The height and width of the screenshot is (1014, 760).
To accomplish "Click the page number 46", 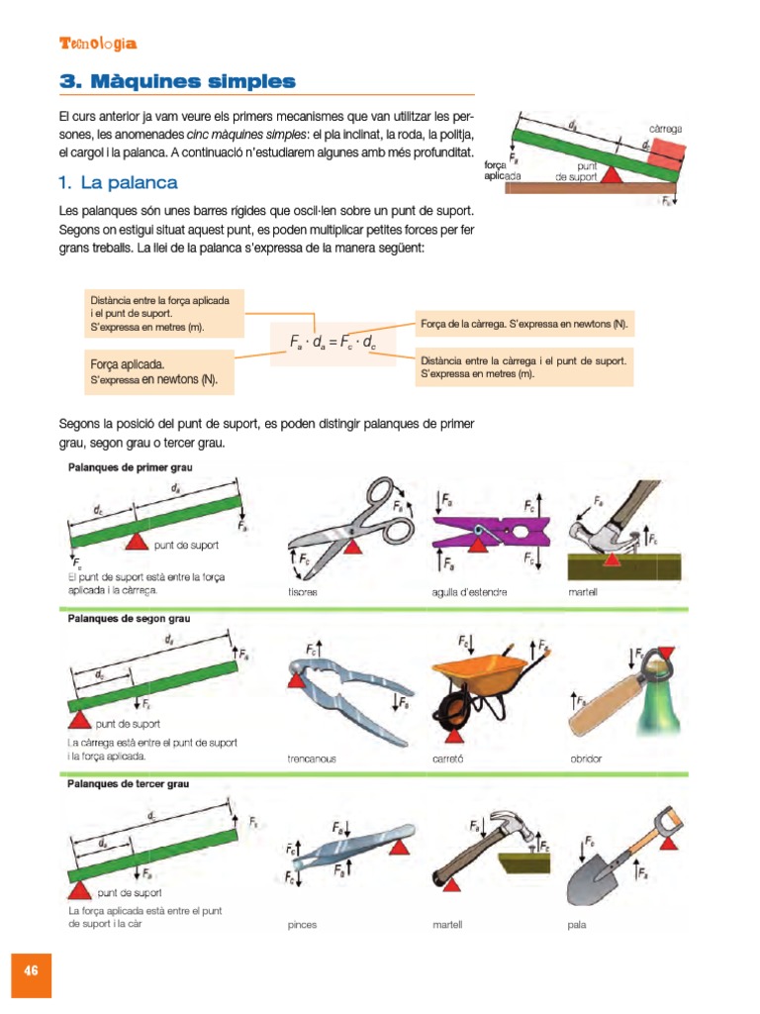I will (x=31, y=969).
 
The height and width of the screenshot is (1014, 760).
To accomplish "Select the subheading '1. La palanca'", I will (x=118, y=182).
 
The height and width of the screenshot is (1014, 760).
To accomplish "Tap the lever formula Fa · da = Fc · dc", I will (x=332, y=343).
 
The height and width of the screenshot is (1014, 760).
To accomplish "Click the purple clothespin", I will (x=491, y=533).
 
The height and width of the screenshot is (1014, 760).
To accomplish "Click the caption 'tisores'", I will (x=303, y=592).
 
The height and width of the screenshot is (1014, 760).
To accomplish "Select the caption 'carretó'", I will (x=447, y=759).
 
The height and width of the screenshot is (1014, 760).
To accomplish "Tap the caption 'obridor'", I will (x=586, y=759).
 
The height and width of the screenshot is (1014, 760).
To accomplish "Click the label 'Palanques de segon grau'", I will (x=129, y=618).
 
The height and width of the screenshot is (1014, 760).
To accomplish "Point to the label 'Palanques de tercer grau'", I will (x=128, y=783).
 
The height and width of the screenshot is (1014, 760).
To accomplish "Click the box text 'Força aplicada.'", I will (x=128, y=364).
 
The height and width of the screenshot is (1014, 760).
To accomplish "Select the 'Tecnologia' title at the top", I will (x=98, y=44).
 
